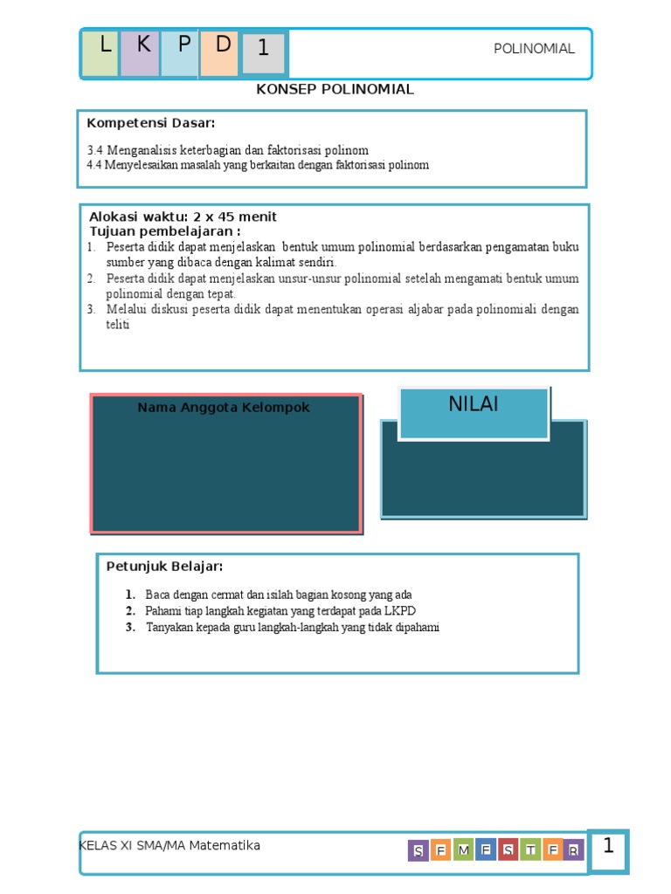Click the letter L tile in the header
[x=100, y=52]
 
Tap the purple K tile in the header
[x=140, y=52]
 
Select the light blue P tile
[x=180, y=52]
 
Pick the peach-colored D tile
[x=219, y=52]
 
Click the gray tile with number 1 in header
[x=263, y=53]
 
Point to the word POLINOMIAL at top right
[x=534, y=49]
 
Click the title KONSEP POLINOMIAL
[x=335, y=90]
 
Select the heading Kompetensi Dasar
[x=150, y=122]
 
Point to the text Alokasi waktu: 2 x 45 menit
[x=183, y=217]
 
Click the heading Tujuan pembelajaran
[x=165, y=231]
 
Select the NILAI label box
[x=474, y=412]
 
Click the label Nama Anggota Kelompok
[x=224, y=408]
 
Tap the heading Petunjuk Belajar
[x=164, y=567]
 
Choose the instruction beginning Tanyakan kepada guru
[x=292, y=627]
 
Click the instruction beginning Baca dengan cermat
[x=278, y=595]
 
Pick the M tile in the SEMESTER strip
[x=464, y=850]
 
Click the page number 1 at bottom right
[x=608, y=847]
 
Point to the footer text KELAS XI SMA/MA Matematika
[x=169, y=845]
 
